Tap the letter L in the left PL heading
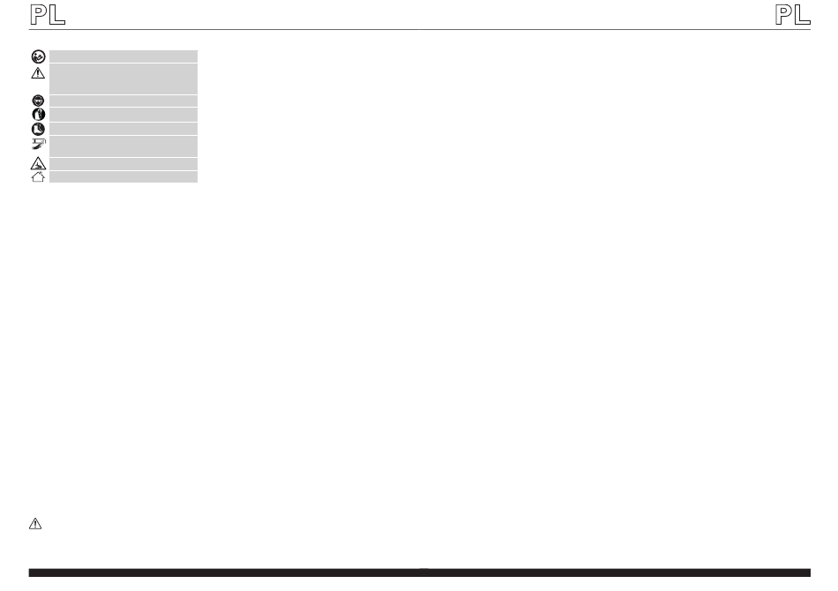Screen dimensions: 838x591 (x=57, y=15)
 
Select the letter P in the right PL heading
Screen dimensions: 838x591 (x=782, y=15)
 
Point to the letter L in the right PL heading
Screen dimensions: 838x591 (x=802, y=15)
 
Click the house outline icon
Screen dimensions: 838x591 (x=38, y=176)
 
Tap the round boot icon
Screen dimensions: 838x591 (x=38, y=129)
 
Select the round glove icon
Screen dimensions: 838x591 (x=38, y=115)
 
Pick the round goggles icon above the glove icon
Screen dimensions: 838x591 (x=38, y=101)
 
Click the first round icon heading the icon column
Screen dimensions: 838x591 (x=38, y=56)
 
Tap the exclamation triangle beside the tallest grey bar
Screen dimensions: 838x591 (x=38, y=73)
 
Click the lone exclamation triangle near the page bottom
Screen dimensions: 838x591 (x=35, y=523)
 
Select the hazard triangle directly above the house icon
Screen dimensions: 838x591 (x=38, y=163)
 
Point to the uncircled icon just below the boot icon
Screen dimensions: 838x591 (x=38, y=144)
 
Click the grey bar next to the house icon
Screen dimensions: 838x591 (x=123, y=177)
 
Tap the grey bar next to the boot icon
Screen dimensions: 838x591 (x=123, y=129)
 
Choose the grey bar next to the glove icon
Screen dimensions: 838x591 (x=123, y=115)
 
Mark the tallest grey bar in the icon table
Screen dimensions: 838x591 (x=123, y=79)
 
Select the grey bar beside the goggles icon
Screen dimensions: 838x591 (x=123, y=101)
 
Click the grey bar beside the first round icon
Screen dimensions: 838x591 (x=123, y=56)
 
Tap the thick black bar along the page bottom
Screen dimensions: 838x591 (x=419, y=573)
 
